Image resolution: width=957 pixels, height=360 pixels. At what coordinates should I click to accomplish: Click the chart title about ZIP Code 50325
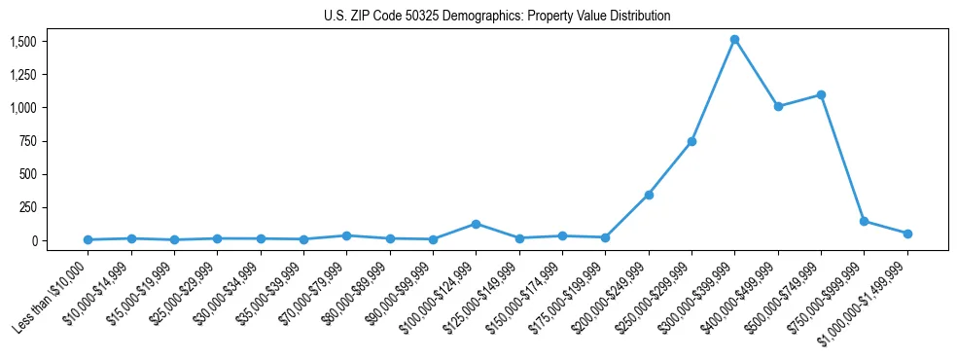click(497, 17)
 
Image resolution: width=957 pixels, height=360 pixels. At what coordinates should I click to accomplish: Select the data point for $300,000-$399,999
click(734, 40)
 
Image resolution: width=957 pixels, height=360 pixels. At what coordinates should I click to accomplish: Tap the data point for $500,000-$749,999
click(821, 95)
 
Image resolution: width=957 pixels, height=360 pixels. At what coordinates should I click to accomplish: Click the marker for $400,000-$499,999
click(778, 106)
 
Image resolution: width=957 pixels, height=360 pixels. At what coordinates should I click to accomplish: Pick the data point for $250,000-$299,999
click(691, 141)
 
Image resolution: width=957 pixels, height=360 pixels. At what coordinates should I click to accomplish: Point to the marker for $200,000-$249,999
click(649, 195)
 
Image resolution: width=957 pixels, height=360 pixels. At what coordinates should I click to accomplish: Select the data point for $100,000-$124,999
click(476, 224)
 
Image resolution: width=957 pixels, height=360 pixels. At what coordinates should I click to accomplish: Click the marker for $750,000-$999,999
click(864, 221)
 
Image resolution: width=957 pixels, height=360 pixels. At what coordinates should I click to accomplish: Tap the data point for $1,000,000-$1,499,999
click(907, 234)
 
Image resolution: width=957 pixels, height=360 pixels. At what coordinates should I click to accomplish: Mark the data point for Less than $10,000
click(88, 239)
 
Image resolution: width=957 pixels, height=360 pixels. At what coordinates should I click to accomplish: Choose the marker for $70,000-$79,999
click(346, 235)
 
